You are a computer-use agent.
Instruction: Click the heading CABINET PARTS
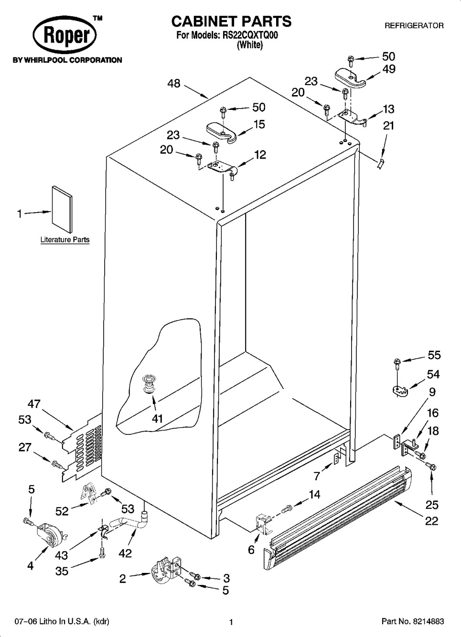231,21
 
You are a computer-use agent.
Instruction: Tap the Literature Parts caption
65,240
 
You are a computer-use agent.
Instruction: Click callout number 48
174,83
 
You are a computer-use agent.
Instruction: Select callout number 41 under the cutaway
157,419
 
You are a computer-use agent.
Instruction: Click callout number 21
389,125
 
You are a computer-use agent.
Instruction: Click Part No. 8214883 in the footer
413,622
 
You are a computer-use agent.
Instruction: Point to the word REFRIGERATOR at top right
414,25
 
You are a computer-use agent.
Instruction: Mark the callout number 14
314,494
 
